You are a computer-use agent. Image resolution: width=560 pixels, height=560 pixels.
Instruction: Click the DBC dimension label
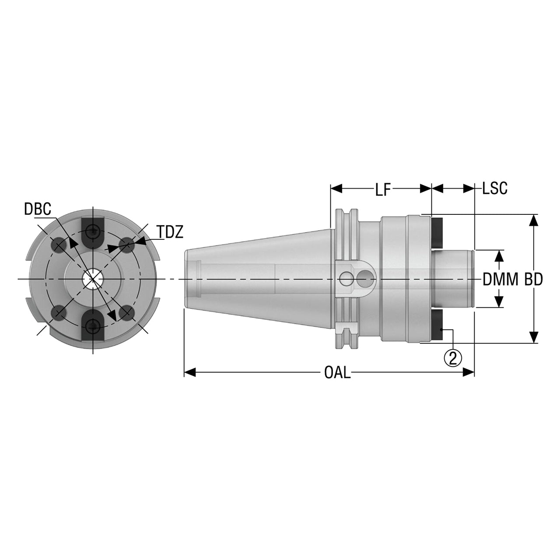click(38, 209)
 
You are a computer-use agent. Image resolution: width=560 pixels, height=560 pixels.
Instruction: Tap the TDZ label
click(171, 232)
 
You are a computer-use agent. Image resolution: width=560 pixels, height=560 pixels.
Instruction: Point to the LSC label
click(495, 188)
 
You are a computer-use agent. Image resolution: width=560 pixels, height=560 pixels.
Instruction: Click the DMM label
click(500, 280)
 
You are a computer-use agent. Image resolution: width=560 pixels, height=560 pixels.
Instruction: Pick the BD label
click(534, 280)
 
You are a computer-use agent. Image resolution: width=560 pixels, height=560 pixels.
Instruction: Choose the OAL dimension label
click(337, 373)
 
